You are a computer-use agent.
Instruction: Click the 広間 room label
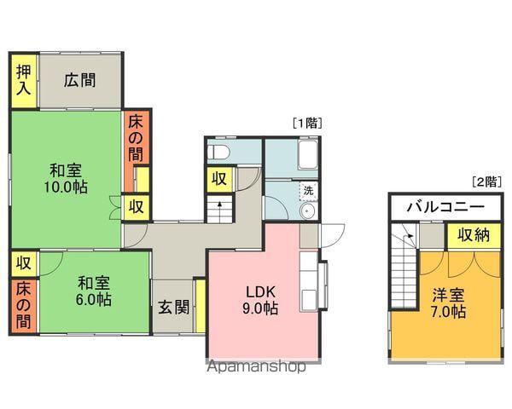pyautogui.click(x=79, y=80)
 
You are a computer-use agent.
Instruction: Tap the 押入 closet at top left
pyautogui.click(x=24, y=81)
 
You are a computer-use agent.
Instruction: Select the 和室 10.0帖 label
pyautogui.click(x=66, y=179)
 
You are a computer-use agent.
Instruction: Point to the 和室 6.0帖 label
pyautogui.click(x=94, y=291)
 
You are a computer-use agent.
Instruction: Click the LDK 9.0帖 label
pyautogui.click(x=260, y=300)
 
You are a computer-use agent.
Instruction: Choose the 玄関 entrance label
pyautogui.click(x=174, y=307)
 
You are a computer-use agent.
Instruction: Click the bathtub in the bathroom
pyautogui.click(x=307, y=154)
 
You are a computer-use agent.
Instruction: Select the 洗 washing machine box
pyautogui.click(x=309, y=191)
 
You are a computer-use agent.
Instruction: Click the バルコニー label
pyautogui.click(x=445, y=207)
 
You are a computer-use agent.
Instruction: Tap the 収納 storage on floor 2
pyautogui.click(x=474, y=236)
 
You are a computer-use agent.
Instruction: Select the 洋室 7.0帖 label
pyautogui.click(x=448, y=303)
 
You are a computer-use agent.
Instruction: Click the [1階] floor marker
pyautogui.click(x=307, y=124)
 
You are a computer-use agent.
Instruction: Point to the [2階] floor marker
pyautogui.click(x=486, y=181)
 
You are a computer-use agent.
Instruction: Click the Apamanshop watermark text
pyautogui.click(x=257, y=366)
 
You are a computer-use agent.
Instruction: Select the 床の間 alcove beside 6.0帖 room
pyautogui.click(x=24, y=306)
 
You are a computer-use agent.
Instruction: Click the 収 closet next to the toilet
pyautogui.click(x=219, y=179)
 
